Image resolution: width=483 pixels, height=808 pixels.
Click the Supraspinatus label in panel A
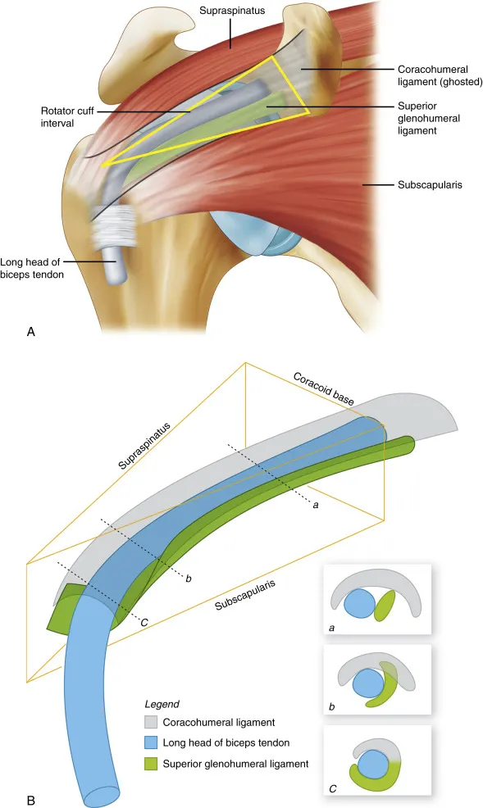[x=232, y=11]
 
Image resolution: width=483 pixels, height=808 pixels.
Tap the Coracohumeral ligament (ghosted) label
[x=440, y=75]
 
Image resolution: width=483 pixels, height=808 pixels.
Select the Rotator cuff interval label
[x=67, y=117]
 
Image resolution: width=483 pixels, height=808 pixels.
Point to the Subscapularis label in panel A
[x=430, y=184]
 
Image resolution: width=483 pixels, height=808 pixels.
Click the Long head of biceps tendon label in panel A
[x=32, y=268]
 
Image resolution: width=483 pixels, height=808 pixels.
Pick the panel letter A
[x=31, y=331]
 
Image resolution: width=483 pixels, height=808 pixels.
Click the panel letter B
[x=31, y=801]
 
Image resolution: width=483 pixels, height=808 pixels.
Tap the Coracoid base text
[x=324, y=388]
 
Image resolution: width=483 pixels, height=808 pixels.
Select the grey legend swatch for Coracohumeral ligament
[x=151, y=723]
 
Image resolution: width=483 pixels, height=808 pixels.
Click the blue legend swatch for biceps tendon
[x=151, y=742]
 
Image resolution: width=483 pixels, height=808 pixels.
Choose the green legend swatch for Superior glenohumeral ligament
[x=151, y=764]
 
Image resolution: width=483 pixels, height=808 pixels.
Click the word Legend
[x=162, y=704]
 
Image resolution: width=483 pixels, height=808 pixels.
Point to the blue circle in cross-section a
[x=360, y=603]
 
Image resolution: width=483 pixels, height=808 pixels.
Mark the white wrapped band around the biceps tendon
[x=113, y=225]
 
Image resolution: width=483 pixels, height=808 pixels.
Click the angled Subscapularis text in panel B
[x=245, y=595]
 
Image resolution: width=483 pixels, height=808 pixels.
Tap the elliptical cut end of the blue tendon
[x=102, y=795]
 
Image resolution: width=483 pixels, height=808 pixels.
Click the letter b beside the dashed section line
[x=189, y=579]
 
